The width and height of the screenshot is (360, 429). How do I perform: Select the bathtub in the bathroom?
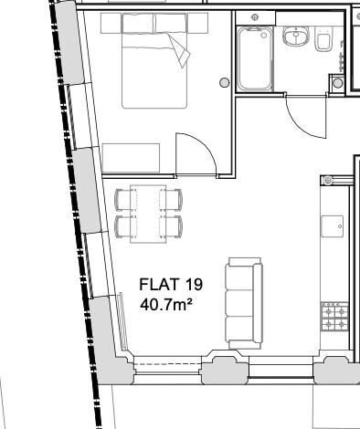coord(254,58)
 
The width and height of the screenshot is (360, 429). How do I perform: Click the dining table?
coord(149,214)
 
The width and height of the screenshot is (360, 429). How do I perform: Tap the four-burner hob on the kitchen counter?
coord(333,316)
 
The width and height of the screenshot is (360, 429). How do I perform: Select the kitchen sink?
coord(333,225)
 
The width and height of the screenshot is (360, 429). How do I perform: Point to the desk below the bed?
coord(132,157)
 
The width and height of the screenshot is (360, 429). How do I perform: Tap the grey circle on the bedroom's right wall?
coord(225,83)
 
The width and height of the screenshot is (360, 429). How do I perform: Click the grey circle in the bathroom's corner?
coord(337,83)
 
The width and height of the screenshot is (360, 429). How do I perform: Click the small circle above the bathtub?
coord(254,18)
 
